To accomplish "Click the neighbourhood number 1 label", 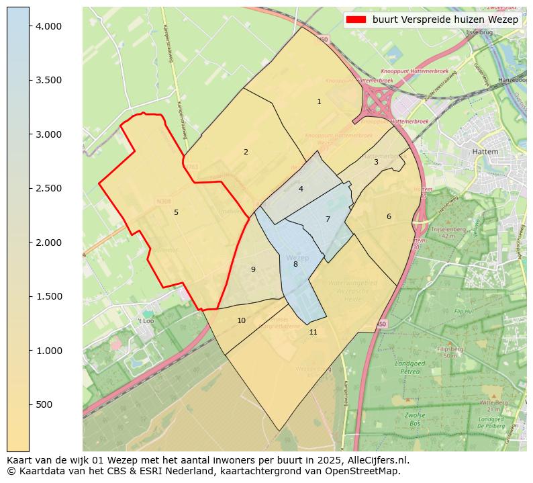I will [319, 102].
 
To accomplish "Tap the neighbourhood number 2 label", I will [246, 152].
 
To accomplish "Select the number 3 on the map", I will [376, 162].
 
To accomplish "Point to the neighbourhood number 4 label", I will [301, 189].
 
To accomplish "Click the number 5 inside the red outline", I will [176, 212].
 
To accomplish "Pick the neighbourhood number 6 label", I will [389, 216].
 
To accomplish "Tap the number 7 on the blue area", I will [328, 219].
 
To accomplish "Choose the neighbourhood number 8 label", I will [295, 264].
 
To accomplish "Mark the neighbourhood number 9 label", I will [253, 269].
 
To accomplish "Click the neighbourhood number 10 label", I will [241, 320].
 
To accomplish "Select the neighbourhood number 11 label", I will [313, 332].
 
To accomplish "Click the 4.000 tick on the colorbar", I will [48, 26].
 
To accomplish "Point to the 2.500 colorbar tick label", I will [48, 188].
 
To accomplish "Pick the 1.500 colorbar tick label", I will [48, 296].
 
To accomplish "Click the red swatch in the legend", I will [356, 19].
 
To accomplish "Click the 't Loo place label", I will [146, 321].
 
